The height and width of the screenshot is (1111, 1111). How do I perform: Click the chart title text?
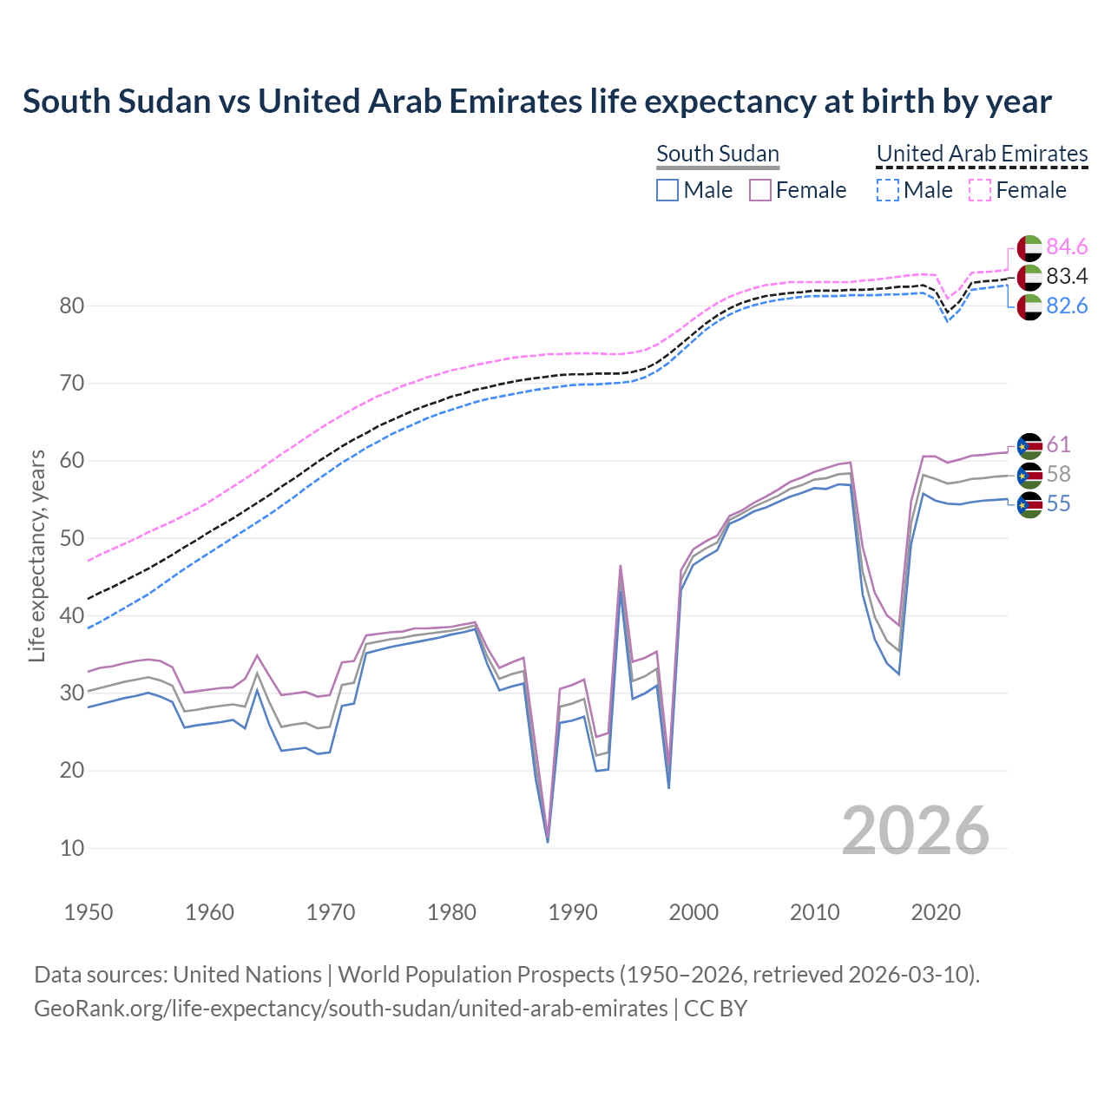point(537,102)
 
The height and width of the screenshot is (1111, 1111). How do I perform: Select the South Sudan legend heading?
point(717,154)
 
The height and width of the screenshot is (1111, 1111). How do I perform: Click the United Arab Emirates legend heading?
point(982,154)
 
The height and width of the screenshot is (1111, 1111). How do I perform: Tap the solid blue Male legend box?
point(667,190)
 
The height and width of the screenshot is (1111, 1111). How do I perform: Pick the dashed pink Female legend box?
point(979,190)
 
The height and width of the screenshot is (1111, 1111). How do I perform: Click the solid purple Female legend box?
point(759,190)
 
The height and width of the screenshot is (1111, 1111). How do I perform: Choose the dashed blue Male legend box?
point(887,190)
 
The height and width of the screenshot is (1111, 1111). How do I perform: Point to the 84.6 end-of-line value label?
point(1067,247)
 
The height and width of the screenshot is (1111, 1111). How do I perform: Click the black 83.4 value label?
point(1067,277)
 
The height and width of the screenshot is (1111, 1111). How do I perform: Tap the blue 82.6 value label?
point(1067,306)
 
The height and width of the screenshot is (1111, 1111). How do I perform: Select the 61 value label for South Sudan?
point(1058,444)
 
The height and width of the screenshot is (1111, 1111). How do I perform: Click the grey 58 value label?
point(1058,475)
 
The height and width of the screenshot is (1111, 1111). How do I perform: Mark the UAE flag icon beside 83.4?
point(1029,277)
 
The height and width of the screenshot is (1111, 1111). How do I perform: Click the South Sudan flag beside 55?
point(1029,504)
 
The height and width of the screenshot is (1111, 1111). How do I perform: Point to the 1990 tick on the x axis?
point(573,912)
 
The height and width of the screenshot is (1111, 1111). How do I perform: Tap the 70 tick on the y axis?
point(72,384)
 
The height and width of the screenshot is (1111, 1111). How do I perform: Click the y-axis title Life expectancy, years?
point(36,555)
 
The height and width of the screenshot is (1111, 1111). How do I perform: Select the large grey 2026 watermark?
point(915,831)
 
